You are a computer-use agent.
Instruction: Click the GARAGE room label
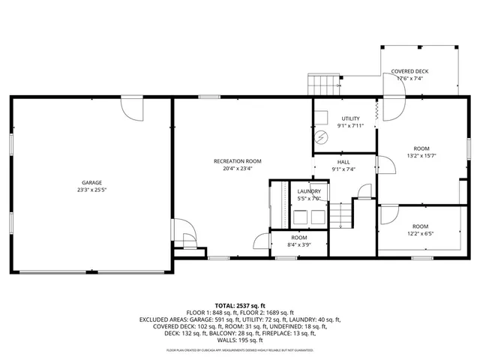click(92, 182)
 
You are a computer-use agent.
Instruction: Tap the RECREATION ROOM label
click(237, 161)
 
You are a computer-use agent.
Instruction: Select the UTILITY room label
click(351, 118)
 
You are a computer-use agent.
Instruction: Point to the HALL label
click(343, 162)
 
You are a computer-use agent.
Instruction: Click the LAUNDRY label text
click(309, 192)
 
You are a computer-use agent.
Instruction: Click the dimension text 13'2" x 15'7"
click(421, 156)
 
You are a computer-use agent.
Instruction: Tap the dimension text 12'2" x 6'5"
click(419, 233)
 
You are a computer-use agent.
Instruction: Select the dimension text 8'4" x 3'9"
click(300, 244)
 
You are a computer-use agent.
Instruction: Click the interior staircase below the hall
click(343, 217)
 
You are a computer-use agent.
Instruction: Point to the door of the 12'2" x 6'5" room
click(388, 215)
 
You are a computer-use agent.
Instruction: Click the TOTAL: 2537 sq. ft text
click(240, 306)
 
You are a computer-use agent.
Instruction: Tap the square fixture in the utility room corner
click(321, 117)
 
